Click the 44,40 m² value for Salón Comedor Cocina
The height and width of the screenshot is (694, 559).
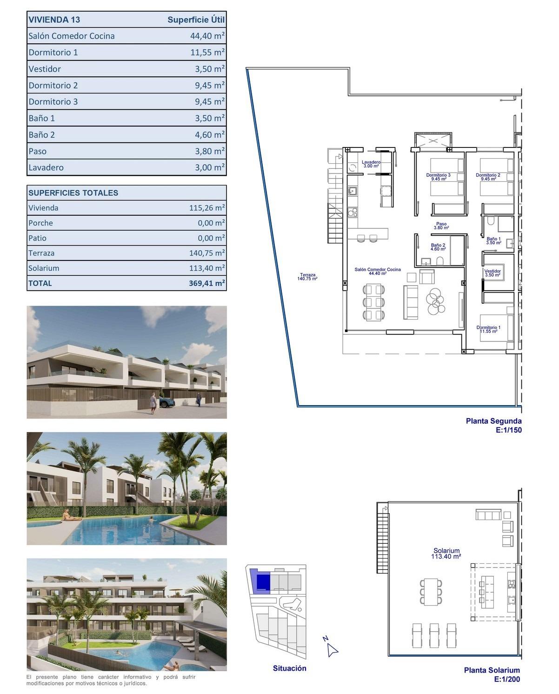[x=207, y=36]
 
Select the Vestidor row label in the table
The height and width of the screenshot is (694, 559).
[x=45, y=69]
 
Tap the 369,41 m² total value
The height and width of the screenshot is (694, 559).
[x=207, y=283]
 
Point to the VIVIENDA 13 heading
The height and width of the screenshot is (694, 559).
[x=54, y=20]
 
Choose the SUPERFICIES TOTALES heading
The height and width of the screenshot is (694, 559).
[x=73, y=193]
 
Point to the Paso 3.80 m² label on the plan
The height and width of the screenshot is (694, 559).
[x=441, y=226]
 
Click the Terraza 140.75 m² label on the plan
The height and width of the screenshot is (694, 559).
[x=307, y=277]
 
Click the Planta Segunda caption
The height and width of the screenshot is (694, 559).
[x=493, y=421]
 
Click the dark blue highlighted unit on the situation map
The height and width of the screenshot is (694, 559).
[x=263, y=582]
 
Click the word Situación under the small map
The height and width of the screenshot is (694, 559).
[x=289, y=668]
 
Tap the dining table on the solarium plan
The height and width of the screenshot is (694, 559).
[x=431, y=592]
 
